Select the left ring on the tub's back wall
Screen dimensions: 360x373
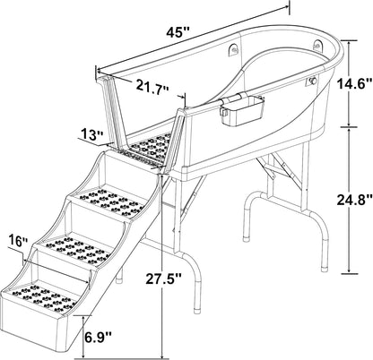pyautogui.click(x=236, y=51)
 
